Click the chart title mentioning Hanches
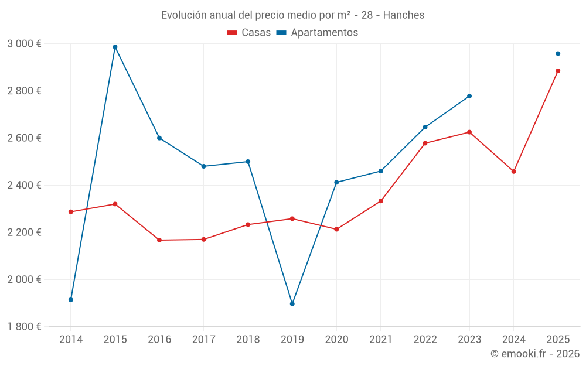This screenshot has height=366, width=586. [x=292, y=15]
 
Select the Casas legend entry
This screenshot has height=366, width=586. [x=249, y=33]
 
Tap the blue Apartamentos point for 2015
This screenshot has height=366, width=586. [x=115, y=47]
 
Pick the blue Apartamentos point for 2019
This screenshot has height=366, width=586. [x=292, y=303]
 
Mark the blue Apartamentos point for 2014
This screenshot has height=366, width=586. [x=71, y=300]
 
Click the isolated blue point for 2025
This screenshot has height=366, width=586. [x=558, y=54]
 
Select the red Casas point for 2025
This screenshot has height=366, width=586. [x=558, y=71]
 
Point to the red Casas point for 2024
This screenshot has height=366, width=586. [x=514, y=172]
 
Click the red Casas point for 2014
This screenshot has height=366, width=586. [x=71, y=212]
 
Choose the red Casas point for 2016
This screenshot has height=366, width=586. [x=159, y=240]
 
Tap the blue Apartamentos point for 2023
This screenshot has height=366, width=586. [x=469, y=96]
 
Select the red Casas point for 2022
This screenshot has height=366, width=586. [x=425, y=143]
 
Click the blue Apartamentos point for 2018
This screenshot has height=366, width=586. [x=248, y=162]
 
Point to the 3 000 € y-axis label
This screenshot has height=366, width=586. [x=24, y=44]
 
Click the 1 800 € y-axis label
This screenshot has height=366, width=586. [x=24, y=327]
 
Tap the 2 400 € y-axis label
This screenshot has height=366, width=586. [x=24, y=185]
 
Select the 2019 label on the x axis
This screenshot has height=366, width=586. [x=292, y=340]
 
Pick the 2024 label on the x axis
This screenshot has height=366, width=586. [x=514, y=340]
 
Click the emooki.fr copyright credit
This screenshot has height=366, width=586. [x=534, y=354]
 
